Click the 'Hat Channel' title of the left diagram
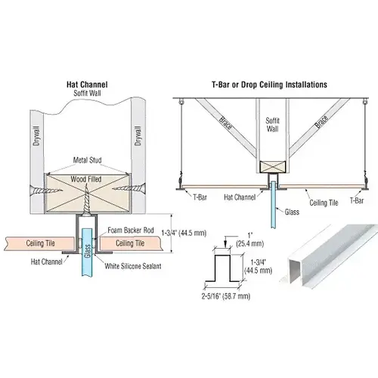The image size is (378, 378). tap(87, 85)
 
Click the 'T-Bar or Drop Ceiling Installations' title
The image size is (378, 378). tap(269, 85)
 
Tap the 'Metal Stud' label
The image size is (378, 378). tap(87, 160)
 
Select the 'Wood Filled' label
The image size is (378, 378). tap(86, 179)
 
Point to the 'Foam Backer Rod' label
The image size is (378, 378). tap(131, 230)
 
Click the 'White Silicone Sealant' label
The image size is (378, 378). tap(133, 266)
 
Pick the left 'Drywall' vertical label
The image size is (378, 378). tap(36, 136)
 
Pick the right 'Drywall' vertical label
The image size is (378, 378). tap(138, 135)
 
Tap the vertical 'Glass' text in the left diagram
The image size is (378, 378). tap(88, 251)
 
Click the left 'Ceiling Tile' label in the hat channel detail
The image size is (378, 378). tap(40, 243)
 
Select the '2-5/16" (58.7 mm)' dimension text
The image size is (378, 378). tap(226, 296)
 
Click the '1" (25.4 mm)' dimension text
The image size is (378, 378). tap(250, 240)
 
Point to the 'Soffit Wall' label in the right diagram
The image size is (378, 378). tap(272, 125)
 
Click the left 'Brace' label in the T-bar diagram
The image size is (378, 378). tap(225, 122)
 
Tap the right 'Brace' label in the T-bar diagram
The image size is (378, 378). tap(321, 122)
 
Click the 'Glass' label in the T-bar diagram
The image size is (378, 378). tap(292, 212)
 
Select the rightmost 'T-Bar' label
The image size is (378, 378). tap(357, 201)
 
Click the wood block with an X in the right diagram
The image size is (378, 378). tap(273, 167)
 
